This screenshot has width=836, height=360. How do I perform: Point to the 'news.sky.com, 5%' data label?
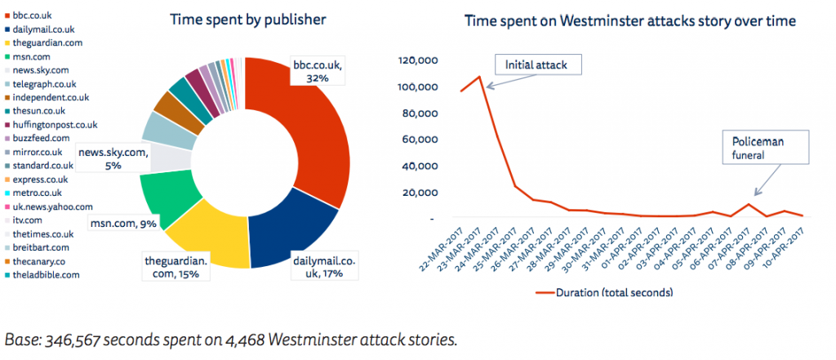[x=113, y=158]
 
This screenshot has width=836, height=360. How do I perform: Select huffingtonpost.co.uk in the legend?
[x=55, y=125]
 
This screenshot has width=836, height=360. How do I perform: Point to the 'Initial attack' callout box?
[x=530, y=64]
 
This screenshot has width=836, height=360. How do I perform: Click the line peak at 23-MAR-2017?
[x=479, y=77]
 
